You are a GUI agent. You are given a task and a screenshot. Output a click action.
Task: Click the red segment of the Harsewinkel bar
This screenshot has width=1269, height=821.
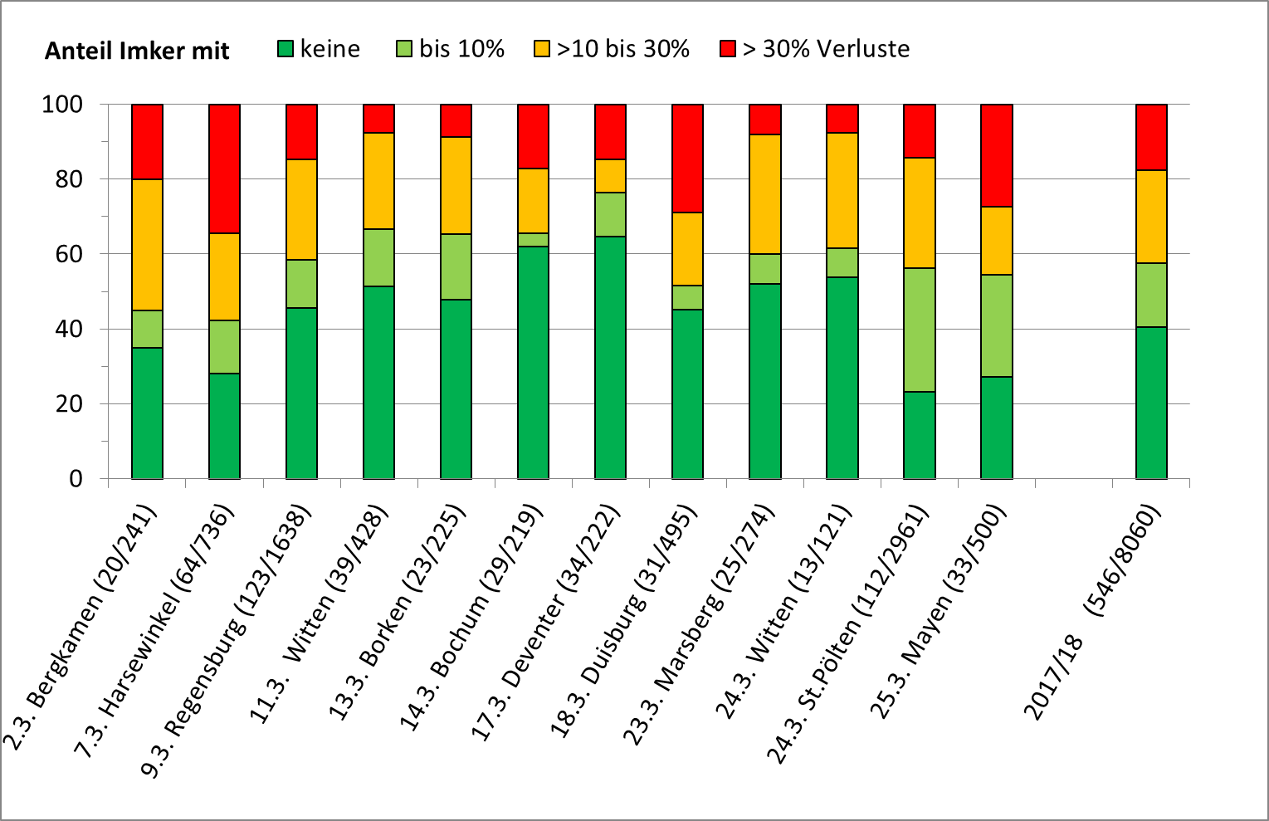(224, 169)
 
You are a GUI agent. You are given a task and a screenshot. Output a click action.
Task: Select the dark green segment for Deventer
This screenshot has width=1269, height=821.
(610, 357)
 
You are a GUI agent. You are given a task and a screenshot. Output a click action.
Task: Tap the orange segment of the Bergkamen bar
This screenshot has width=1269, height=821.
(147, 244)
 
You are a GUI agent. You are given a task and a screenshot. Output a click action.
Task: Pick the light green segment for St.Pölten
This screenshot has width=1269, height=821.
(919, 330)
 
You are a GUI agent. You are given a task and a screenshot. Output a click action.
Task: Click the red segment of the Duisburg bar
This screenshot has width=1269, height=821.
(687, 158)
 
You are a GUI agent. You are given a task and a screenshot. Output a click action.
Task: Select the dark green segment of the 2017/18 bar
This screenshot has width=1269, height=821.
(1151, 403)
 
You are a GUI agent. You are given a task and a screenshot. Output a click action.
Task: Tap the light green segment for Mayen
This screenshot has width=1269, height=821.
(996, 325)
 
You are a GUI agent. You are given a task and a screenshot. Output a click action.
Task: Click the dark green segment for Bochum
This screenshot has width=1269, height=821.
(533, 362)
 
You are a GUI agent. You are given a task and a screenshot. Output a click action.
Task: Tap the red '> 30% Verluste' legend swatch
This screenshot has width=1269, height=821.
(728, 49)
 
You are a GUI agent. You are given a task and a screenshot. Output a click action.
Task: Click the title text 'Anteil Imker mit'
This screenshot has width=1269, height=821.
(137, 51)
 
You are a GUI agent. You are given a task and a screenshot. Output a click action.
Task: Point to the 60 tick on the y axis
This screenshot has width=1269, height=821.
(63, 254)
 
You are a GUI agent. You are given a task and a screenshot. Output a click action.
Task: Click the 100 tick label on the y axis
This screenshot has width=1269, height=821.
(63, 105)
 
